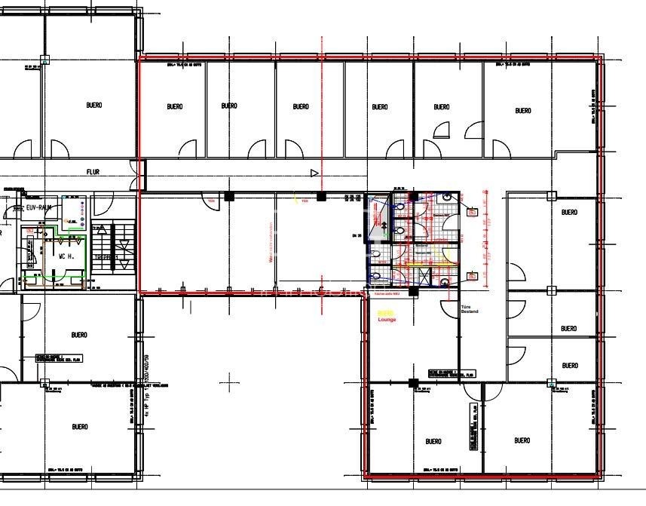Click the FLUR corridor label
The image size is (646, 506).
pos(93,172)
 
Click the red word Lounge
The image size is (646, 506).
pos(387,320)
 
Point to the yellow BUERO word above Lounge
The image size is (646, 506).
pos(385,313)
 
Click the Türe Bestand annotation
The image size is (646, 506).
pos(470,308)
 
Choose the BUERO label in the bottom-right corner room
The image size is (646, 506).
pos(522,440)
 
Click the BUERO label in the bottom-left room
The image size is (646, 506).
pos(80,427)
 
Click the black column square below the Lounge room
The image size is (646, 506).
pos(412,383)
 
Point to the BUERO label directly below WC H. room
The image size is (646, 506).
pos(80,335)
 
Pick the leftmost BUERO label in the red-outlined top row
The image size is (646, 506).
pos(175,106)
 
